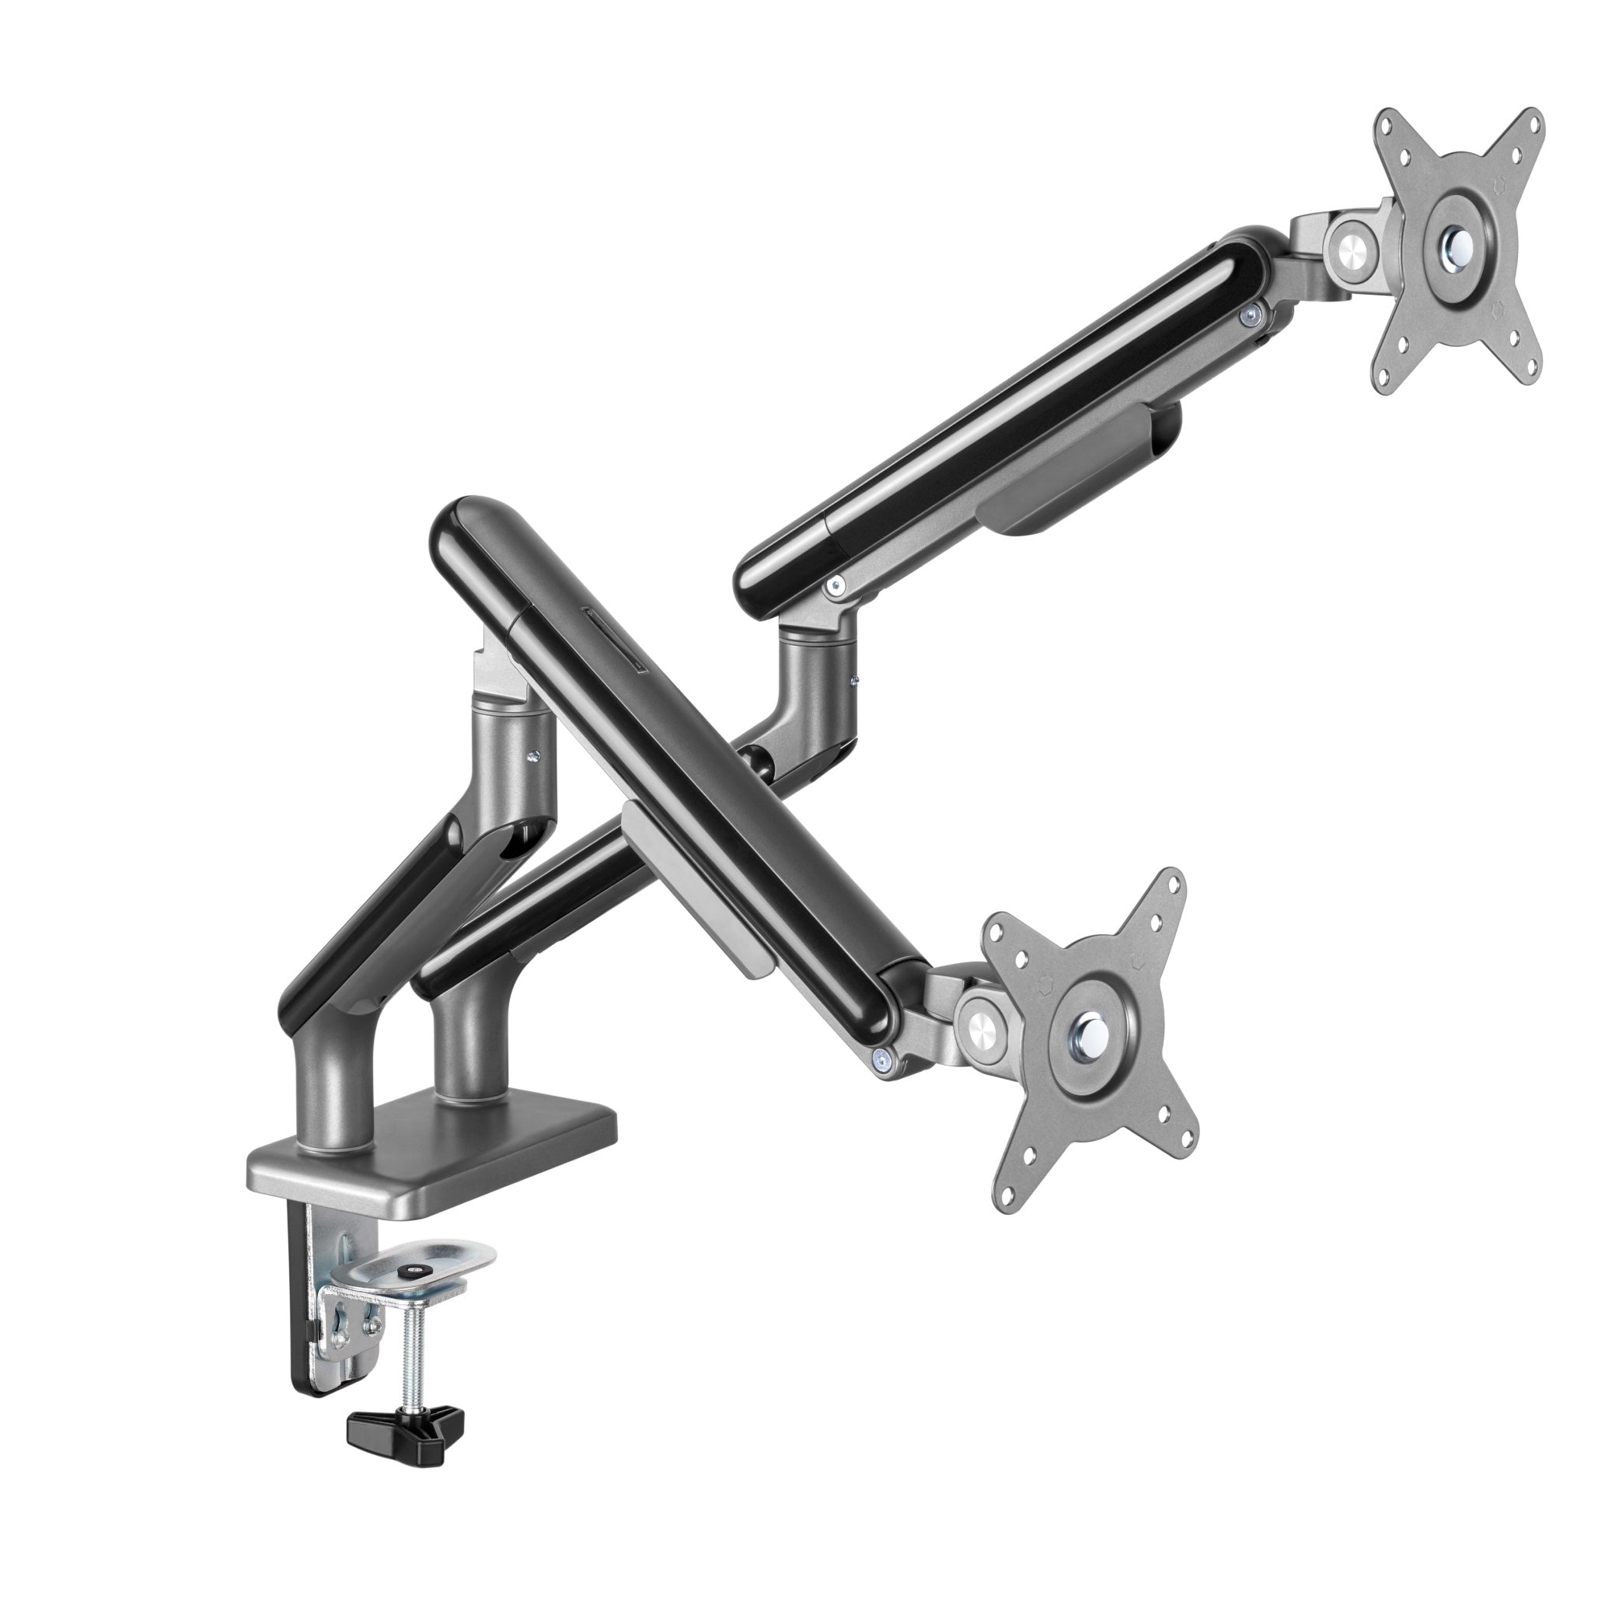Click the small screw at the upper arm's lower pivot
[833, 587]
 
